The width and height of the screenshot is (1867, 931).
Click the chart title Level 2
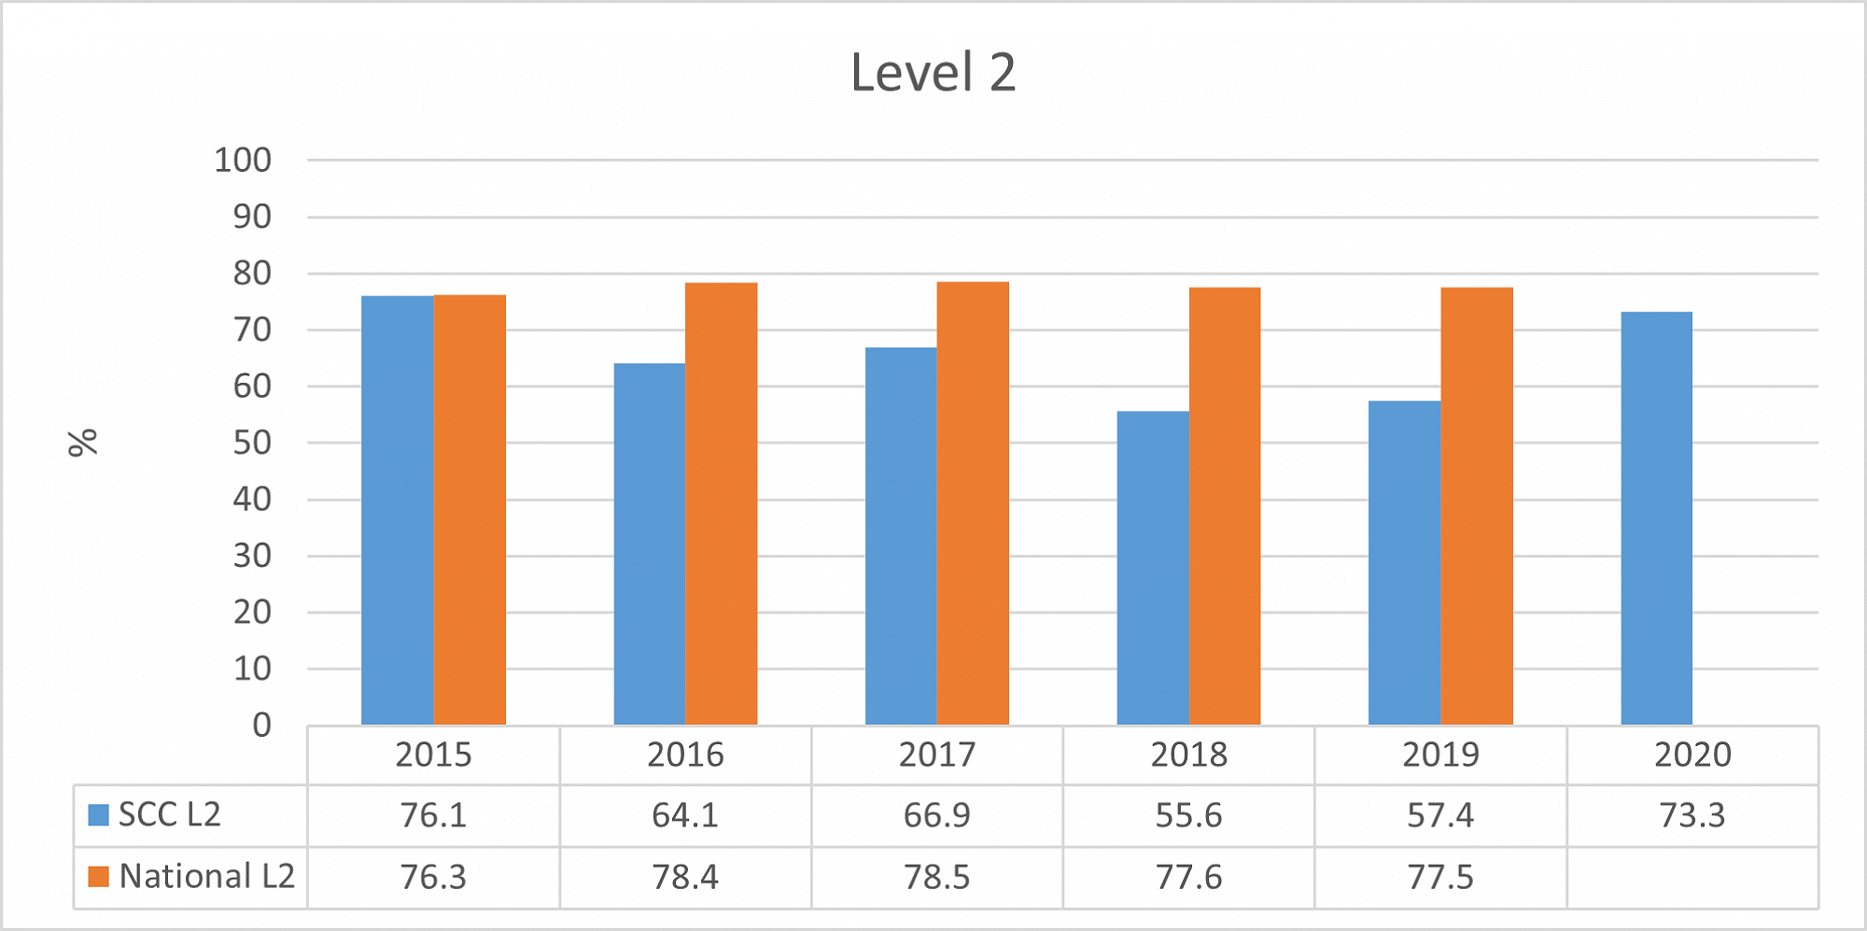933,73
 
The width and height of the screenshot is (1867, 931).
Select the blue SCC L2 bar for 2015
397,510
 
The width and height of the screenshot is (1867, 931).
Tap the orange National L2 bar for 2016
721,503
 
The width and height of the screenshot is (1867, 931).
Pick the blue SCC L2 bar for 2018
1152,568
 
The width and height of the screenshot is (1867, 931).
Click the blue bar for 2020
1656,518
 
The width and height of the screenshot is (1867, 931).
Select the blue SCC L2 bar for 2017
901,536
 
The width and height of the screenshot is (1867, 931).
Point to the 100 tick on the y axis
243,161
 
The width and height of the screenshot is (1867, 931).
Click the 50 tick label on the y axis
252,443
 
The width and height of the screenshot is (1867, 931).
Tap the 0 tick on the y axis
261,726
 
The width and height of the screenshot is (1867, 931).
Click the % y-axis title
83,443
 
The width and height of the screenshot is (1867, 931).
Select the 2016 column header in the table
685,755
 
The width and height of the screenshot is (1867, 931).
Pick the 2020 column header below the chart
1692,755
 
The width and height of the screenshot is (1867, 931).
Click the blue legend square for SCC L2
98,815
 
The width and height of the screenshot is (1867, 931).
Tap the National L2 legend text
206,876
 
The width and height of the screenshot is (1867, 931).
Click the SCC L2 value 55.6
1188,815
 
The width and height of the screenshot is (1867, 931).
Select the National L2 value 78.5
936,877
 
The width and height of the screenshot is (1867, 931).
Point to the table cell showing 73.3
1692,815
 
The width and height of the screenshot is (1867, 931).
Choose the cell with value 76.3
433,877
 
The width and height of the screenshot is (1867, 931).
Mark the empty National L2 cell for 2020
1692,877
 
